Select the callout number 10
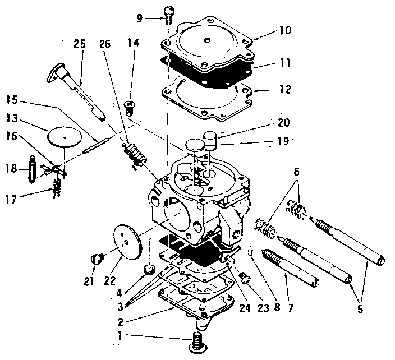tap(285, 31)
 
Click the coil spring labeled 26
tap(132, 154)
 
